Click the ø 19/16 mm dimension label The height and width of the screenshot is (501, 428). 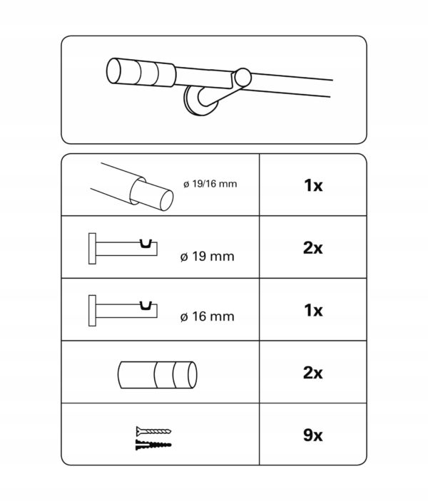[210, 184]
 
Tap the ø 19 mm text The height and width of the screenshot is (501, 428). [208, 257]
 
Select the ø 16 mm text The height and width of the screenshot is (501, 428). [208, 316]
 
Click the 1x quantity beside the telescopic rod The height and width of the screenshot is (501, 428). [313, 185]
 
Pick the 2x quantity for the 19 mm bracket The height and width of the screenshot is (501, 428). [313, 248]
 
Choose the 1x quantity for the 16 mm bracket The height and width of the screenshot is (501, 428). [313, 310]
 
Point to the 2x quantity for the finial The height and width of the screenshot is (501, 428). [313, 373]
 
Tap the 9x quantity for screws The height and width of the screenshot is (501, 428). [313, 435]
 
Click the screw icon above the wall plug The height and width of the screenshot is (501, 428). [153, 431]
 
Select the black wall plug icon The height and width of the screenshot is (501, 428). [153, 445]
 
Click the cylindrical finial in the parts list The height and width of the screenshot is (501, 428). [158, 375]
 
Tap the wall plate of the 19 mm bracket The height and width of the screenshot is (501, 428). [92, 249]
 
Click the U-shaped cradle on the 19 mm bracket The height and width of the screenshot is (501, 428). [146, 244]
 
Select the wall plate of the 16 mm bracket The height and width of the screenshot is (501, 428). [92, 311]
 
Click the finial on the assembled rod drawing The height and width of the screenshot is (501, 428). [141, 73]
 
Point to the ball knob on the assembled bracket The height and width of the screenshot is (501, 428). [243, 78]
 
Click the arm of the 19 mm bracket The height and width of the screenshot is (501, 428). [126, 249]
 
